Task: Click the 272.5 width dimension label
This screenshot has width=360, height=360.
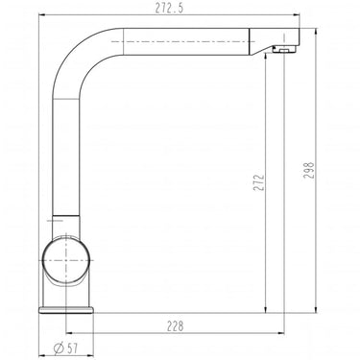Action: (170, 8)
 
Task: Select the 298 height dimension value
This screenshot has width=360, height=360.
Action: (309, 170)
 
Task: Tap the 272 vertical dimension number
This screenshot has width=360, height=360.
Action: (258, 182)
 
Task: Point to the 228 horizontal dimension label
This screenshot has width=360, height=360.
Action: (176, 326)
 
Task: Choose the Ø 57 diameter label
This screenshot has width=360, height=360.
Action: (66, 348)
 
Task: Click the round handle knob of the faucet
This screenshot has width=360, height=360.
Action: (65, 260)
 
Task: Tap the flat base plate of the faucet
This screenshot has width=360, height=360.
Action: (66, 310)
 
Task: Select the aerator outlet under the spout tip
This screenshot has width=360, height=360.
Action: (285, 49)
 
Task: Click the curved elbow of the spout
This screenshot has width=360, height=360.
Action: (79, 55)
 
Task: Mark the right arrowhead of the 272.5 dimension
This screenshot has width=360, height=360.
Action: (297, 14)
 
